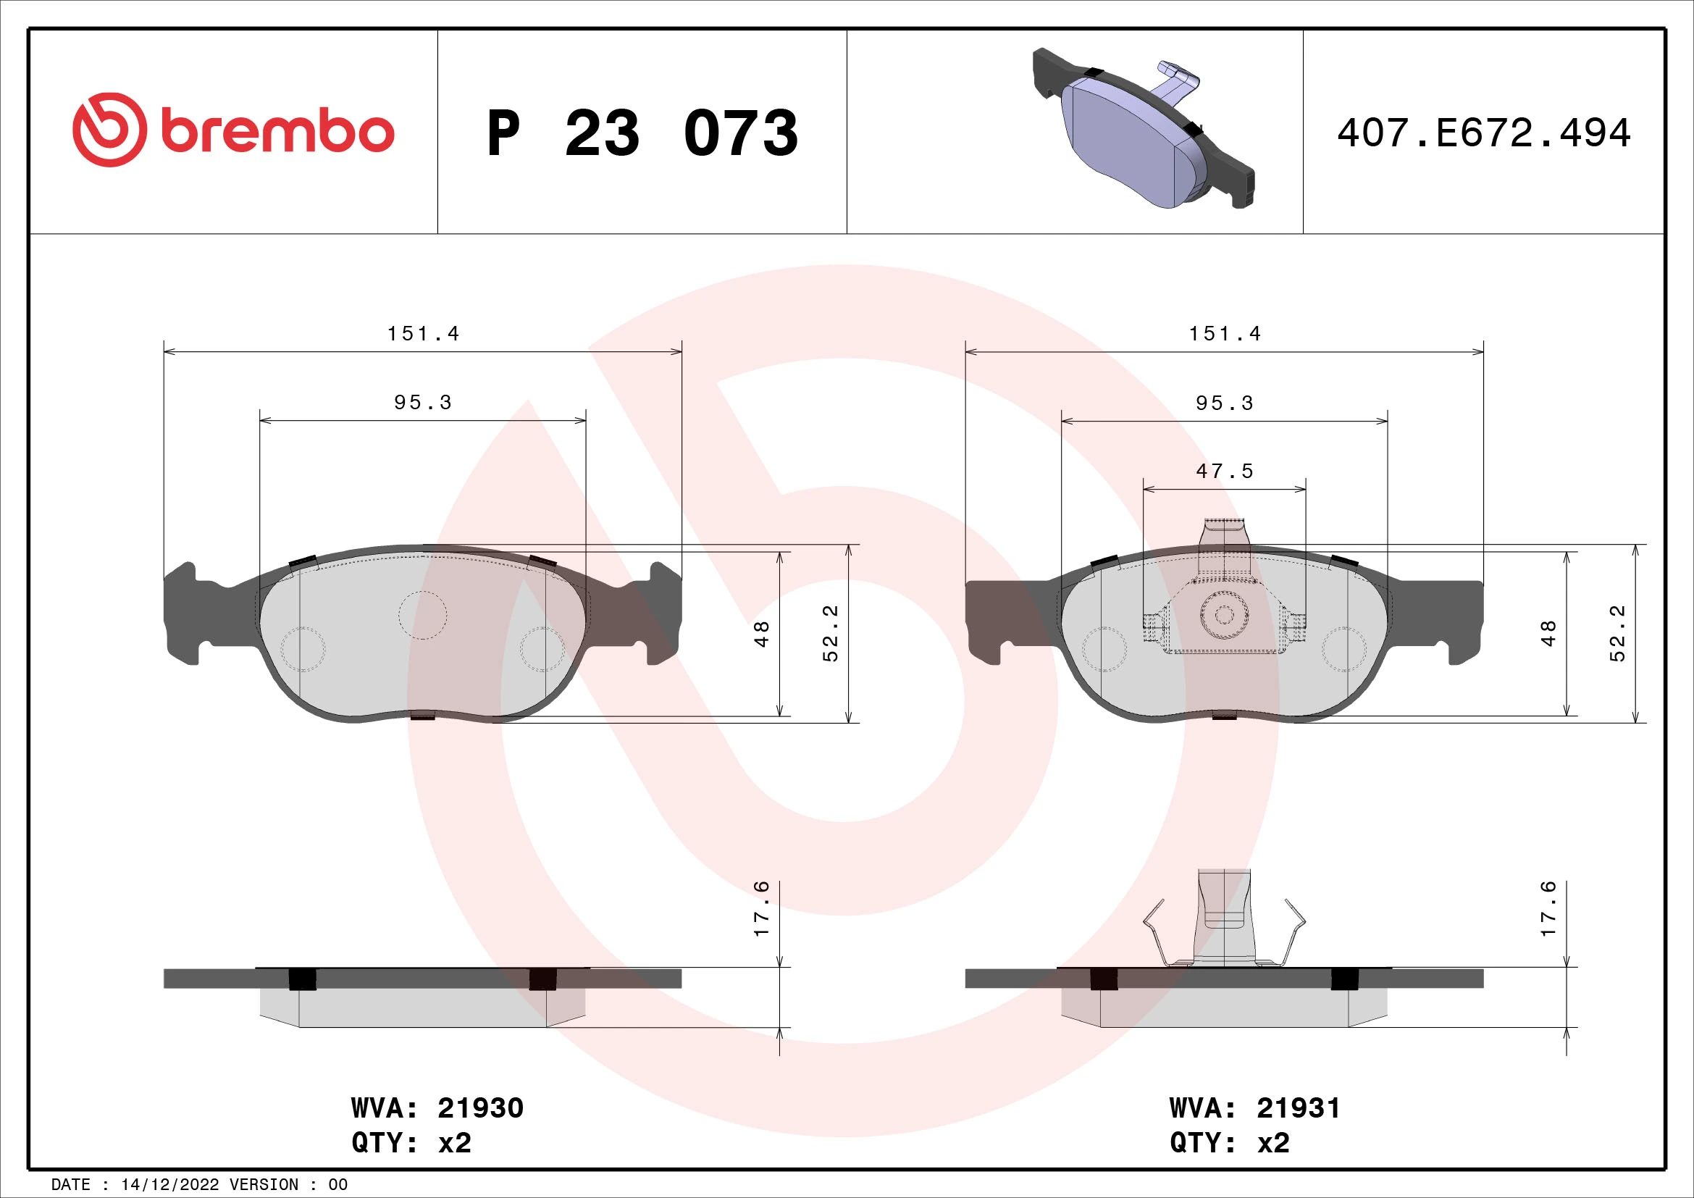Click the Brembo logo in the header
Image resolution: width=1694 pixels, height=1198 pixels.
(x=233, y=131)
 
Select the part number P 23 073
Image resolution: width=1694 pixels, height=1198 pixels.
(x=642, y=133)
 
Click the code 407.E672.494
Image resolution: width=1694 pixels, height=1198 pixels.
(x=1484, y=133)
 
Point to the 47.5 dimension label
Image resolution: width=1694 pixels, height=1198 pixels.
(x=1224, y=472)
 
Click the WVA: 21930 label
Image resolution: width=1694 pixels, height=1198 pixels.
(x=437, y=1108)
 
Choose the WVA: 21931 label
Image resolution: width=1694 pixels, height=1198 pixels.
(x=1254, y=1108)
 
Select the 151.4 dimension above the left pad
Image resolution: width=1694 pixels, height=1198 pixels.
(x=423, y=334)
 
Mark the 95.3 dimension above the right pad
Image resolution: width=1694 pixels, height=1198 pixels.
(x=1224, y=403)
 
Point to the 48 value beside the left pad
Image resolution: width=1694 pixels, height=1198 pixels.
(x=761, y=633)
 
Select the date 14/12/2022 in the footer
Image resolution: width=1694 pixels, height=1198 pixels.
(x=169, y=1185)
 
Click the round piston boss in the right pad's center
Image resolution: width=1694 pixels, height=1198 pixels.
(x=1223, y=615)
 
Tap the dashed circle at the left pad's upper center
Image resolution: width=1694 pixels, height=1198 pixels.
(x=423, y=614)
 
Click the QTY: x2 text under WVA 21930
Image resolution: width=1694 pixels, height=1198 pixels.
(x=411, y=1143)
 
